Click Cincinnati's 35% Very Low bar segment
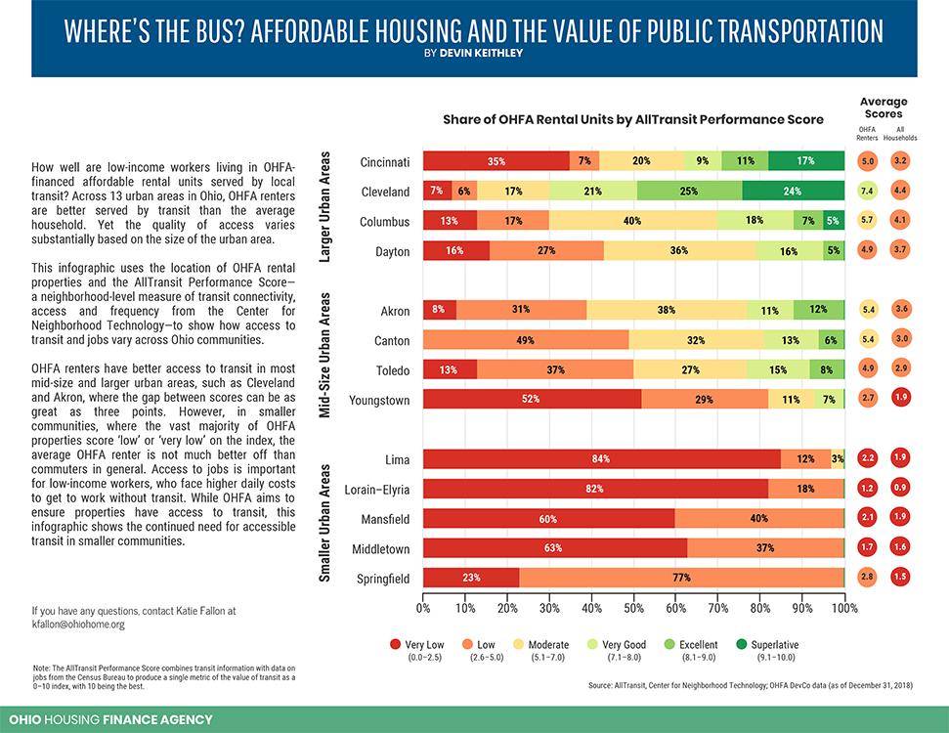pos(496,161)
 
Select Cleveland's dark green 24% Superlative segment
pos(793,191)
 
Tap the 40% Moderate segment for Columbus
pos(631,221)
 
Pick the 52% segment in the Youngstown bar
pos(531,399)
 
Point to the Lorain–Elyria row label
pos(376,489)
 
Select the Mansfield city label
pos(383,518)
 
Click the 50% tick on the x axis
pos(633,608)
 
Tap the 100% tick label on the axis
pos(843,608)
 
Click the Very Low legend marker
pos(395,645)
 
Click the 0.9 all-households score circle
pos(900,489)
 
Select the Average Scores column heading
pos(884,108)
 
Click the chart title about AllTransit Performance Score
pos(632,119)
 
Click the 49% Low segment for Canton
pos(526,340)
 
